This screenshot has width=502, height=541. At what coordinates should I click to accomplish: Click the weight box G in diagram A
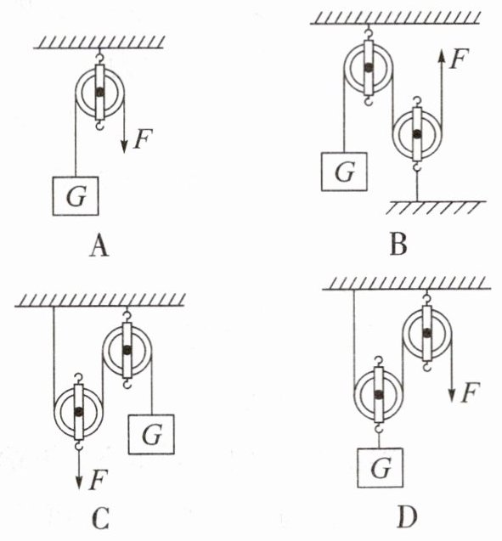[x=76, y=196]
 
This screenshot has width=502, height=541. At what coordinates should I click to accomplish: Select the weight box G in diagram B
[x=344, y=172]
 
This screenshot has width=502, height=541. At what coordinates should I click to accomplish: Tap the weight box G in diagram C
[x=151, y=434]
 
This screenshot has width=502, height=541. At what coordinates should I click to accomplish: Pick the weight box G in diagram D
[x=380, y=467]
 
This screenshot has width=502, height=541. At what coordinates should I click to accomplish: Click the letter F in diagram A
[x=143, y=138]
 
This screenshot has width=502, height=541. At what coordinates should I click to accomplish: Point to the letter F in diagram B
[x=459, y=59]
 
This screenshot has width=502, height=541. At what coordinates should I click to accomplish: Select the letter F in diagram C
[x=98, y=480]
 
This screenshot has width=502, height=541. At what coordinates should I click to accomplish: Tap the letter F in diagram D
[x=470, y=392]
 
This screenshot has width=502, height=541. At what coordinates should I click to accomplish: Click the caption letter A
[x=99, y=247]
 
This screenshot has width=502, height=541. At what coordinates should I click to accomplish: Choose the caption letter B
[x=398, y=245]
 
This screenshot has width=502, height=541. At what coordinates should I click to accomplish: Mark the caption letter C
[x=101, y=519]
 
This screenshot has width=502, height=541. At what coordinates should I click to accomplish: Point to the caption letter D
[x=407, y=517]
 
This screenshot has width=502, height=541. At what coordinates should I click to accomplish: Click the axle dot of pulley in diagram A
[x=100, y=92]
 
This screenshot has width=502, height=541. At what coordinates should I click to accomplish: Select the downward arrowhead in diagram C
[x=79, y=482]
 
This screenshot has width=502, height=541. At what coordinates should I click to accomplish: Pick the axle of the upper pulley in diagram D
[x=427, y=333]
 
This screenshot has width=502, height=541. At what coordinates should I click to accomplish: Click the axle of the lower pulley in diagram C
[x=79, y=411]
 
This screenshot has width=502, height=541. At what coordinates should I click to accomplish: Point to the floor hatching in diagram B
[x=436, y=207]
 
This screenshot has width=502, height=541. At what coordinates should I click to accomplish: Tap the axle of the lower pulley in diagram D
[x=379, y=394]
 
